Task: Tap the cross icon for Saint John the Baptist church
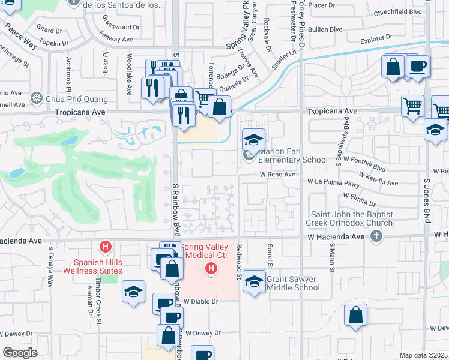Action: pyautogui.click(x=376, y=236)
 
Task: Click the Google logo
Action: pyautogui.click(x=20, y=353)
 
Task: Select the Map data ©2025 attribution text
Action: pyautogui.click(x=424, y=355)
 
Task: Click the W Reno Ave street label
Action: pyautogui.click(x=277, y=175)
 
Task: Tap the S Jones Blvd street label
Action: pyautogui.click(x=427, y=202)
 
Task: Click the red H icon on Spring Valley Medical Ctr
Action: pyautogui.click(x=211, y=268)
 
